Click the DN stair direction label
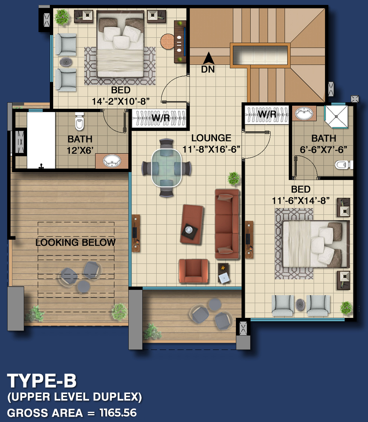(x=208, y=69)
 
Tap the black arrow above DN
(x=208, y=58)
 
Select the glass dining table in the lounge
(x=166, y=168)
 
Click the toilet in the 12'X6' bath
(x=79, y=122)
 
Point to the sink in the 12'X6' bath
(x=112, y=161)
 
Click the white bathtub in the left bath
(x=41, y=140)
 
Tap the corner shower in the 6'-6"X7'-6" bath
(x=336, y=117)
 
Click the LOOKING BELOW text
(x=75, y=242)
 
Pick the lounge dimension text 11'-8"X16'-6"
(x=211, y=149)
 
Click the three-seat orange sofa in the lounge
(x=227, y=224)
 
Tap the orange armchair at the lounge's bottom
(x=194, y=271)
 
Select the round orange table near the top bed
(x=168, y=42)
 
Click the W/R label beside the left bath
(x=161, y=118)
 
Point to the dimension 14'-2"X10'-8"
(x=121, y=102)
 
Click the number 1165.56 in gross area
(x=118, y=413)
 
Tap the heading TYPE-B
(x=42, y=381)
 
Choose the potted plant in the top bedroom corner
(x=62, y=17)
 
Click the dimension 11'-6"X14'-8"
(x=301, y=201)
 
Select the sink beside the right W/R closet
(x=304, y=114)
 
